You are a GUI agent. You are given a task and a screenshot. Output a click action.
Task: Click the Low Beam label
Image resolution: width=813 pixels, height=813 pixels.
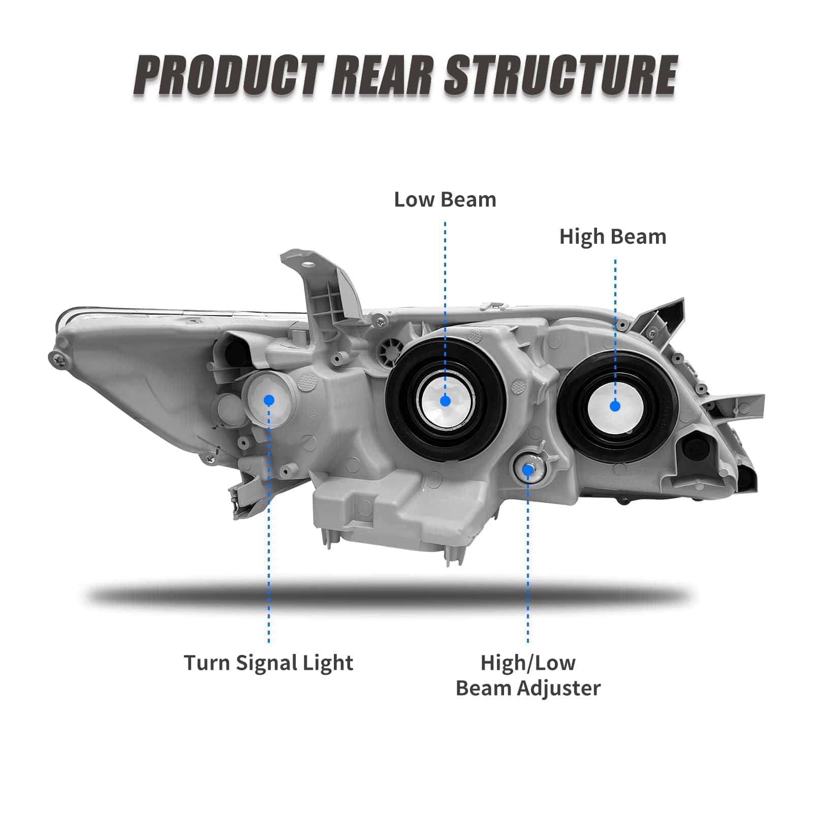(445, 200)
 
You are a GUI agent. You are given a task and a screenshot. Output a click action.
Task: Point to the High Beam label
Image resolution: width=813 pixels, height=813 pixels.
(613, 237)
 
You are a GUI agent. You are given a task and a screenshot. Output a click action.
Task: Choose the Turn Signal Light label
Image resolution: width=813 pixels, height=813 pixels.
(268, 663)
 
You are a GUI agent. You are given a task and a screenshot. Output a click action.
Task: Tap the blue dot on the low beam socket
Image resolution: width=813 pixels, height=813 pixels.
(446, 401)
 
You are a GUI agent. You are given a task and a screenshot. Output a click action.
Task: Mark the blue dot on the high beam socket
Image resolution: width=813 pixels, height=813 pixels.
(615, 405)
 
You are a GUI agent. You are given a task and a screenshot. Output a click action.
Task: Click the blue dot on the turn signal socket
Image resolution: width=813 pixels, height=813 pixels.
(269, 400)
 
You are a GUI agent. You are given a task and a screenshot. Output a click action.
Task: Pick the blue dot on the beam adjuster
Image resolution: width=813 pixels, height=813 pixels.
(528, 470)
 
